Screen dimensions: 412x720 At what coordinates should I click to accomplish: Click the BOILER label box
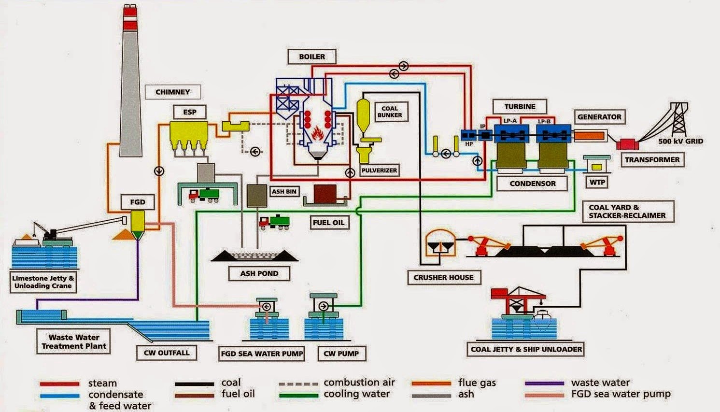[x=312, y=57]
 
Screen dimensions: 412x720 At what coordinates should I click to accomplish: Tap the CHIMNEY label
[x=172, y=92]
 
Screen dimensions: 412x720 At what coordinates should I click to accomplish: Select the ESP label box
[x=189, y=112]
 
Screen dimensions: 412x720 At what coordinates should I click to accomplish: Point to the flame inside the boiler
[x=317, y=132]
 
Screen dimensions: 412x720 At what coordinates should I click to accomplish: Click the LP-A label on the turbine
[x=510, y=121]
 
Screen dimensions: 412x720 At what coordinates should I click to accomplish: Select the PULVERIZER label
[x=379, y=170]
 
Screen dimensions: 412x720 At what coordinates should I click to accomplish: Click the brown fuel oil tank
[x=325, y=194]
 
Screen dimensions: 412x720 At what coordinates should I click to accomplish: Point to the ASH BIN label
[x=284, y=191]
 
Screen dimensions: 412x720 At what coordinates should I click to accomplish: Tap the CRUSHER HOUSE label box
[x=443, y=277]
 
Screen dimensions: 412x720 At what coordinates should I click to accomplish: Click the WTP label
[x=597, y=182]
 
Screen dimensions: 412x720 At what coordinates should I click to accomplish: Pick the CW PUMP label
[x=341, y=354]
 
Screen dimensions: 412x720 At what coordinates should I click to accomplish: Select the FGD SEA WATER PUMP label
[x=262, y=354]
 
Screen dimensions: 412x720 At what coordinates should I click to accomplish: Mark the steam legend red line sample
[x=59, y=384]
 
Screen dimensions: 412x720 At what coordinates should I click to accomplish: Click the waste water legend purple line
[x=544, y=384]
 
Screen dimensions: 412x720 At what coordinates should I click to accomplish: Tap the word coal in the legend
[x=231, y=383]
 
